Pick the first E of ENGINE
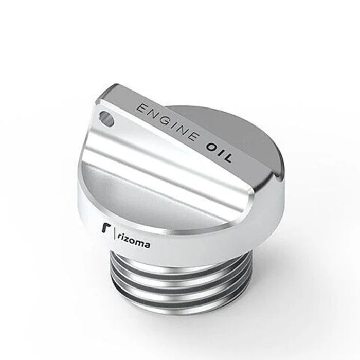point(141,108)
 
